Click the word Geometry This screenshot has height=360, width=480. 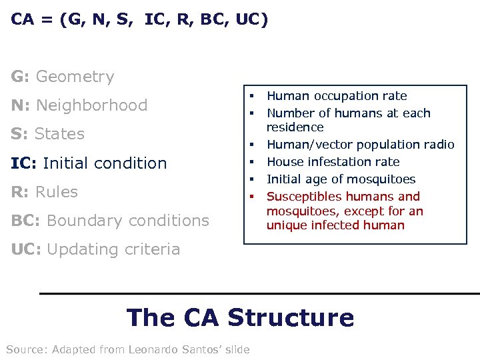75,77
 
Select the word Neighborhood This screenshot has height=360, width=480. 92,105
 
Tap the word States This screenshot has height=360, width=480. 59,134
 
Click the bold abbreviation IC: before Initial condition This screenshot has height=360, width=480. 24,163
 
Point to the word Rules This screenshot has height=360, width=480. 57,192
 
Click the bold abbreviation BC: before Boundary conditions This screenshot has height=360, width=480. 26,221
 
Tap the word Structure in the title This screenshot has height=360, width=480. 291,317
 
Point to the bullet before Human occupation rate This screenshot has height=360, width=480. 253,96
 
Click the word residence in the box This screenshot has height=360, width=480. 295,127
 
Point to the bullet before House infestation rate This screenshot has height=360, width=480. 253,162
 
